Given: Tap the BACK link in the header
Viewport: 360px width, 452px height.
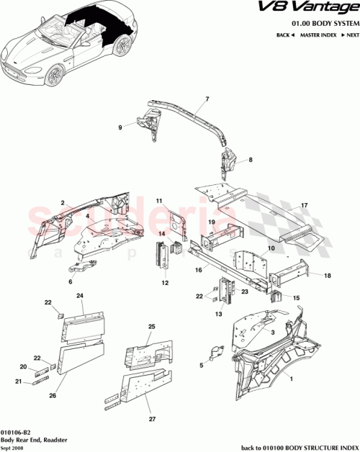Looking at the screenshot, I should tap(284, 35).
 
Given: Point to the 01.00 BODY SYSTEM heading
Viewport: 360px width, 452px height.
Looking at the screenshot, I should tap(318, 23).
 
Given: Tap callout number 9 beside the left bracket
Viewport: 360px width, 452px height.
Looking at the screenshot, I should tap(121, 128).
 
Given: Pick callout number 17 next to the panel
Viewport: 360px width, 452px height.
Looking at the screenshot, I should tap(305, 205).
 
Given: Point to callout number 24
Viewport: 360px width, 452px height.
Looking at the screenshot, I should tap(81, 296).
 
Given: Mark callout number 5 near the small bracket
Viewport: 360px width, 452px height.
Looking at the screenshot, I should tap(200, 365).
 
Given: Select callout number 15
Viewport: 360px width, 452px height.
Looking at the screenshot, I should tap(297, 297).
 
